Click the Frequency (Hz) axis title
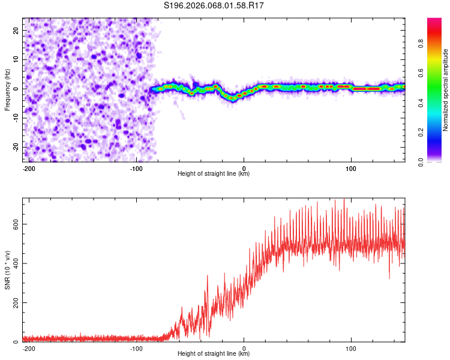[x=7, y=89]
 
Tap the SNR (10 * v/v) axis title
[x=7, y=270]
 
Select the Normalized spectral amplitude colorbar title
[x=446, y=89]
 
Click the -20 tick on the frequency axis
[x=16, y=147]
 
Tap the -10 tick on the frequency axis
[x=16, y=118]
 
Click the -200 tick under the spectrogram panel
[x=28, y=167]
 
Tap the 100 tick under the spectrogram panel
[x=351, y=167]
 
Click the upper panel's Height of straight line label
[x=214, y=174]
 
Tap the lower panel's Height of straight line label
[x=214, y=355]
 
